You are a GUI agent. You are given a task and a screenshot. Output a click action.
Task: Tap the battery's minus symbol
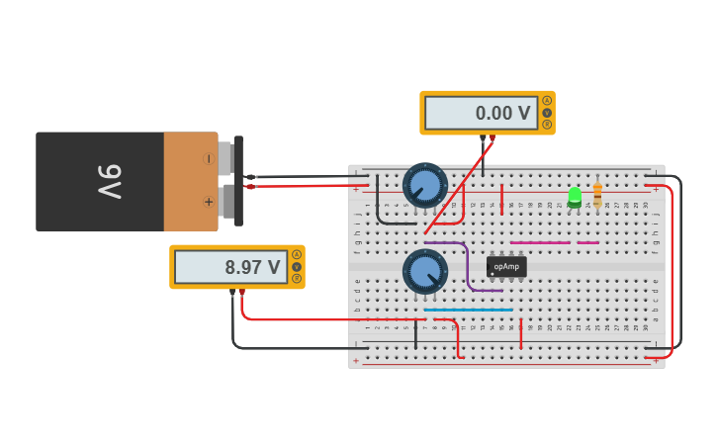click(x=208, y=158)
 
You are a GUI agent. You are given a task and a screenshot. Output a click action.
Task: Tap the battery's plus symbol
click(x=208, y=202)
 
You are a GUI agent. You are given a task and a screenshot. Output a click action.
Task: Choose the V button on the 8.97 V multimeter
click(x=296, y=267)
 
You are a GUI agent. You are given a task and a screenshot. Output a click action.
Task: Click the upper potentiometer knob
click(x=425, y=185)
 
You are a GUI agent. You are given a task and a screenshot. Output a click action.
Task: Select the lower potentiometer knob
click(x=425, y=271)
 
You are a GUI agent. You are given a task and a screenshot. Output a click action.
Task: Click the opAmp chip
click(x=506, y=267)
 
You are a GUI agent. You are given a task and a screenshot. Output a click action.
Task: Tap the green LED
click(x=575, y=195)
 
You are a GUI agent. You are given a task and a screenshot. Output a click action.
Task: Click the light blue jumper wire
click(x=469, y=310)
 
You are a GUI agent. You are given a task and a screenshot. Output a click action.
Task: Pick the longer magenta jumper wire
click(x=540, y=242)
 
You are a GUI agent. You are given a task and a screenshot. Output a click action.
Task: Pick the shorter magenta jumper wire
click(x=587, y=242)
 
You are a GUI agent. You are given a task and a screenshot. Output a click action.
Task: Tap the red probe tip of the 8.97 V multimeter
click(x=242, y=293)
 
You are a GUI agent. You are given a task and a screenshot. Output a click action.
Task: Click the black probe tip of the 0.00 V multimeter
click(x=483, y=138)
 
